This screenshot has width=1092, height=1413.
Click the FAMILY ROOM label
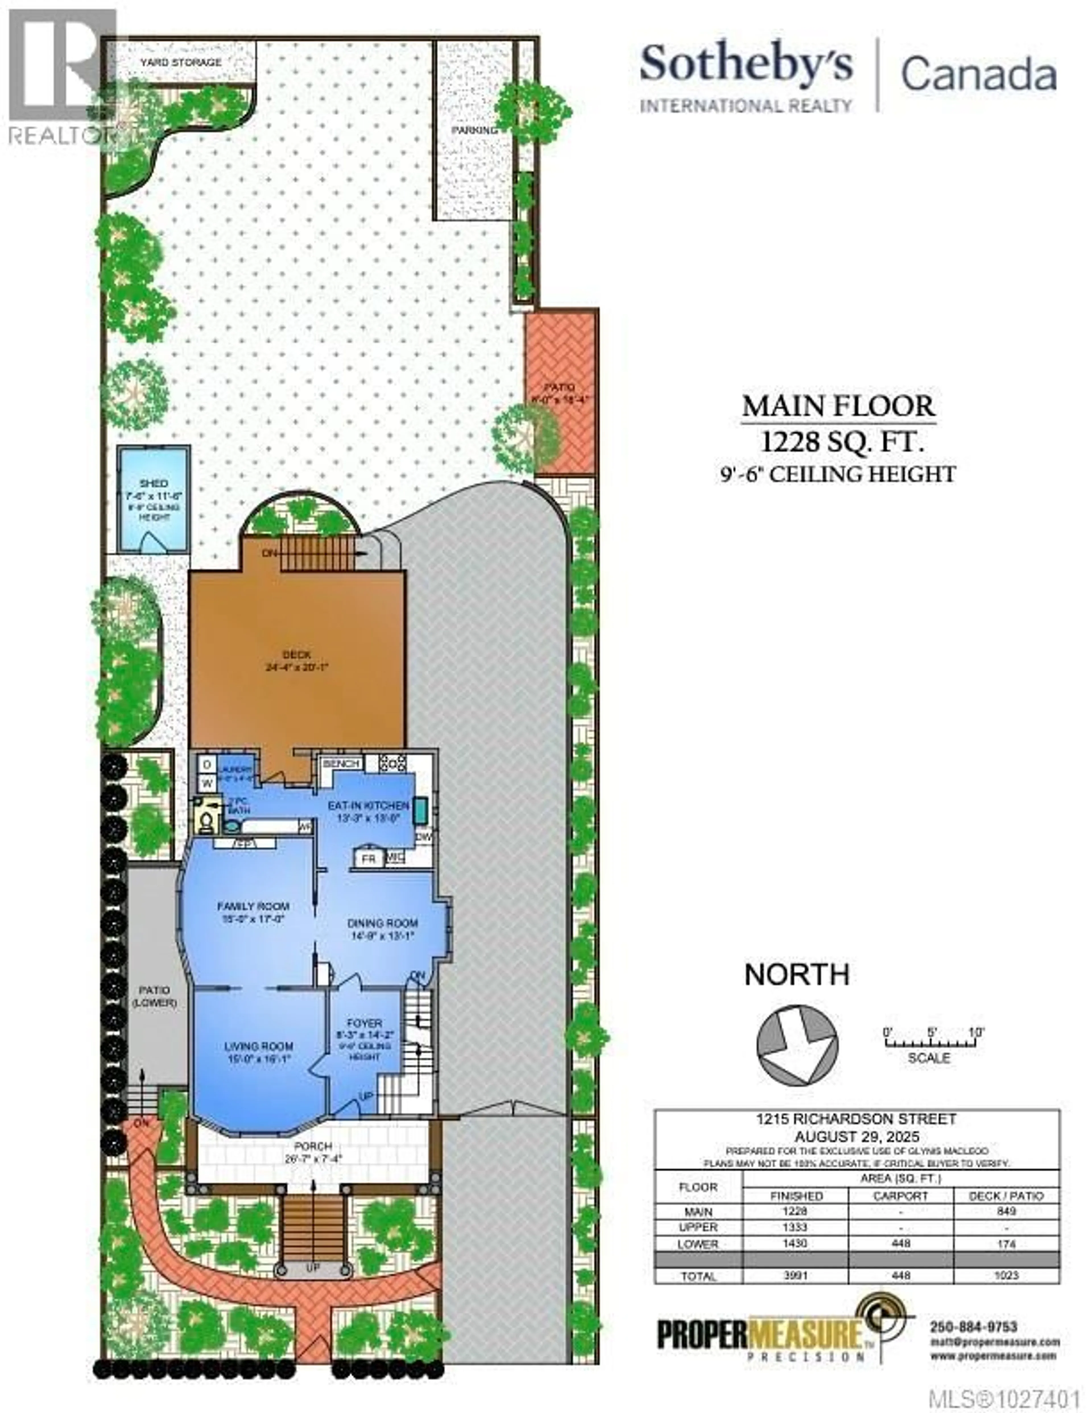pos(253,906)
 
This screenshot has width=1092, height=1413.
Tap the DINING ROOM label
pos(382,922)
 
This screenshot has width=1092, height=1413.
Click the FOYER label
pos(364,1023)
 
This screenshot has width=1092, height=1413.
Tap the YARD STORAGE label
pos(181,62)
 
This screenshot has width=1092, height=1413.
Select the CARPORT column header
pos(901,1196)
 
